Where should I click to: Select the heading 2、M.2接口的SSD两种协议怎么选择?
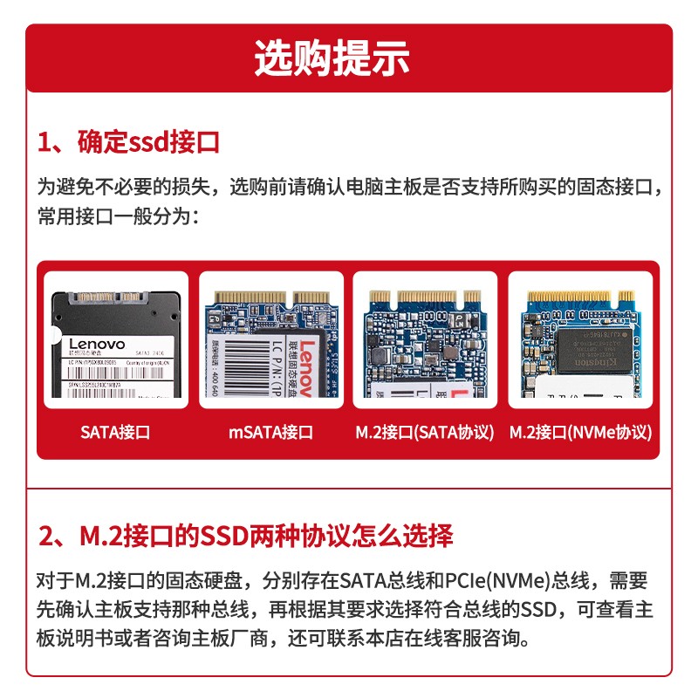pyautogui.click(x=245, y=534)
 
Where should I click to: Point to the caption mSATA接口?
pyautogui.click(x=270, y=432)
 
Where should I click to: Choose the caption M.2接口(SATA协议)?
pyautogui.click(x=425, y=432)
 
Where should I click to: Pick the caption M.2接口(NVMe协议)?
pyautogui.click(x=581, y=432)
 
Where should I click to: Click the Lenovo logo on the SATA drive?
pyautogui.click(x=97, y=344)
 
